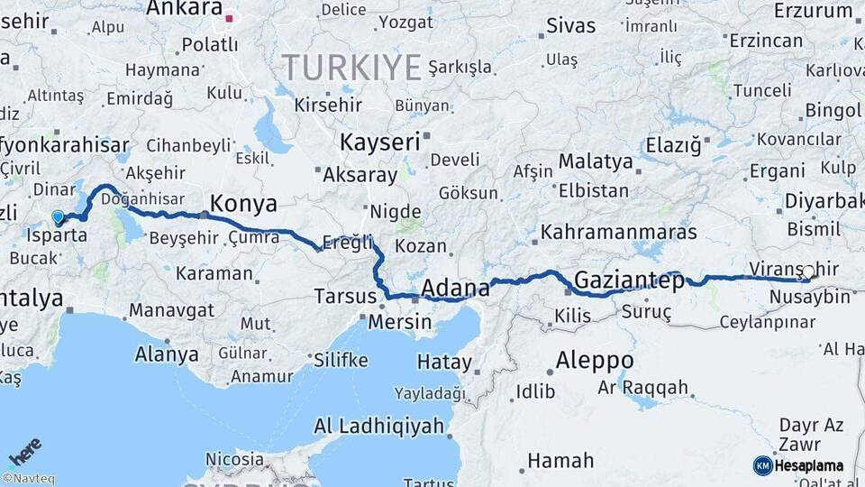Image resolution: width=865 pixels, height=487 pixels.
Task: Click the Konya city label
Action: [x=243, y=203]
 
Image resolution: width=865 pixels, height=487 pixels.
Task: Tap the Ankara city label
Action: [x=184, y=9]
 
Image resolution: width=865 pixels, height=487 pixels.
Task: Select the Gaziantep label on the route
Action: [x=629, y=280]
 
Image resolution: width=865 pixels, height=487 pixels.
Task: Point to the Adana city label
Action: [x=456, y=289]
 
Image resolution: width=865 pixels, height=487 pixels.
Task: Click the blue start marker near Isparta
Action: [x=59, y=217]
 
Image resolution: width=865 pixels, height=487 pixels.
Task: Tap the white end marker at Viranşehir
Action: [x=808, y=271]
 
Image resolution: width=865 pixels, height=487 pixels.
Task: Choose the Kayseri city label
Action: [x=380, y=142]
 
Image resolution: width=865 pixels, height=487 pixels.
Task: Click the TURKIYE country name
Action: [x=351, y=68]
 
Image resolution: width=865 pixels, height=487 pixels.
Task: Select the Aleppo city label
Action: [x=594, y=360]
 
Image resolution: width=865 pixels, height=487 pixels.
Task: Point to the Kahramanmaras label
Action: [x=618, y=232]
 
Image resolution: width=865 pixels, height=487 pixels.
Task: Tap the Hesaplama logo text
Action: [x=809, y=465]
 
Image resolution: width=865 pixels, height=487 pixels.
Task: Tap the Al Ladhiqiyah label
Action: [x=378, y=426]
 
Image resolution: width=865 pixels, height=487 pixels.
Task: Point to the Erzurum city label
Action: [x=813, y=11]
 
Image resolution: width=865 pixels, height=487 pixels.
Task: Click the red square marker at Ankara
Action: [x=230, y=17]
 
